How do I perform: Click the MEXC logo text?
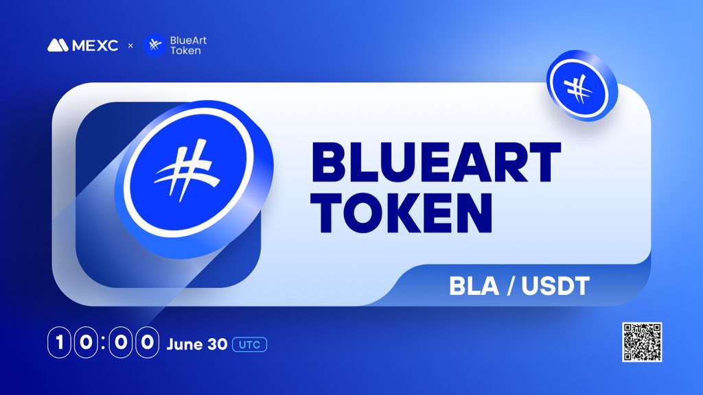tap(95, 45)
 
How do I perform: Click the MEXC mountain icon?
tap(58, 45)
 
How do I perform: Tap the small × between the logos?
tap(130, 46)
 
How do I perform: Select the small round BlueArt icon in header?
tap(154, 45)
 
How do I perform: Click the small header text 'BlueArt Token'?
tap(188, 46)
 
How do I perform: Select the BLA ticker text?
tap(474, 286)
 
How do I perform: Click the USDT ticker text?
tap(555, 286)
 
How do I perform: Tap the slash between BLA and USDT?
tap(511, 286)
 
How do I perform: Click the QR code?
tap(642, 342)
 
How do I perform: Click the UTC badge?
tap(250, 344)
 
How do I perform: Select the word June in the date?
tap(184, 344)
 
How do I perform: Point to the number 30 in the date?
tap(218, 344)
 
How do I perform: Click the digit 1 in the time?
tap(59, 343)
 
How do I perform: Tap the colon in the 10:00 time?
tap(103, 343)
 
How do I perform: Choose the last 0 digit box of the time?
tap(148, 343)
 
